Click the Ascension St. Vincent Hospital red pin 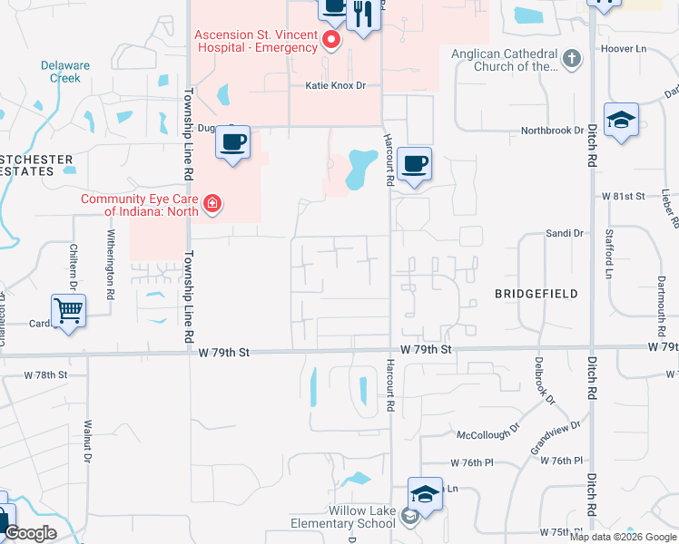coord(332,41)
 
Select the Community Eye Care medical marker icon coord(212,204)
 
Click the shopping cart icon coord(68,310)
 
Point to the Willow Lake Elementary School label coord(343,518)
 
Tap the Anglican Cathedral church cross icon coord(571,60)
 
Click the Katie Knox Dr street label coord(334,85)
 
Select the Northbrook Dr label coord(552,131)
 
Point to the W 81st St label coord(622,196)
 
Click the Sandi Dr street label coord(564,233)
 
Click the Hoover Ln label coord(622,48)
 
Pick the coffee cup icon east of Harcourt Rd coord(414,163)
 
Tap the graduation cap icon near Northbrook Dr coord(622,120)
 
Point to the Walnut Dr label coord(88,441)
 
